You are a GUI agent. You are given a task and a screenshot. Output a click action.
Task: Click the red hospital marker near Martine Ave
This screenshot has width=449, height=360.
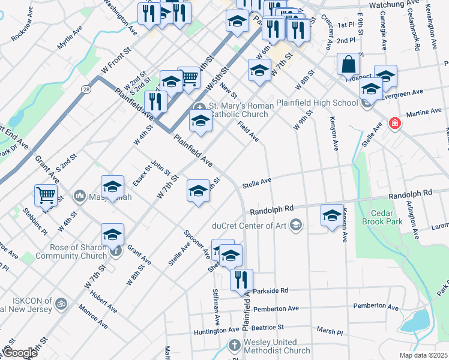click(x=394, y=123)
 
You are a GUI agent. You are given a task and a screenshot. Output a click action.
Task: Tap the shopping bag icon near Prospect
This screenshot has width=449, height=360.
click(x=348, y=64)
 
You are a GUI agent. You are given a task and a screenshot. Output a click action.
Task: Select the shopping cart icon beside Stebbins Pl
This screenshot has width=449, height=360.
click(x=46, y=195)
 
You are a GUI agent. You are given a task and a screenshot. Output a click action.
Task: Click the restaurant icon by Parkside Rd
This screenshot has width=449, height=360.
click(x=241, y=279)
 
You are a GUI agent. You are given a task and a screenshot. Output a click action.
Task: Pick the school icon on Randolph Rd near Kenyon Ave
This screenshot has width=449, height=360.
click(x=332, y=215)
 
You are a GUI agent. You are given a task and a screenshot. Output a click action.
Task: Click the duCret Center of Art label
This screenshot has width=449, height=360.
click(x=250, y=226)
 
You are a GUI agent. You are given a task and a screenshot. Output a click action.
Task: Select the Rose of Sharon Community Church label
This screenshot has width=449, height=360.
click(x=74, y=251)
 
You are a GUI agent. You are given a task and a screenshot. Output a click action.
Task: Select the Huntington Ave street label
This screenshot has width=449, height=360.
click(x=217, y=331)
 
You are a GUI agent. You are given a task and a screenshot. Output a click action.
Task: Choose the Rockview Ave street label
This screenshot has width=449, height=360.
click(x=29, y=29)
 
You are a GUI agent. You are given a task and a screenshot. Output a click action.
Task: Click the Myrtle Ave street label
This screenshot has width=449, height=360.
click(x=70, y=37)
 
